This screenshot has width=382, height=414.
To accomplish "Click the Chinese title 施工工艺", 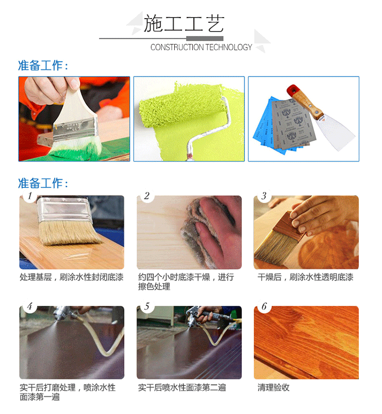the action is coord(184,23).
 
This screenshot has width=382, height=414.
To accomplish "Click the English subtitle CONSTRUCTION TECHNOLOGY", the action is coord(201,47).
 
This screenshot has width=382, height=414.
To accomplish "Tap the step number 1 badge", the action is coord(29,196).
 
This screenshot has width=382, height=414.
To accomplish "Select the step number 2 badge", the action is coord(147,196).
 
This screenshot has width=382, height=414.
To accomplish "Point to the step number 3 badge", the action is coord(264,196).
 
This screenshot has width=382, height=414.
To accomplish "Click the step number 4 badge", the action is coord(29,306).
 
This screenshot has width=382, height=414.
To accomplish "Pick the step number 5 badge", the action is coord(147,306).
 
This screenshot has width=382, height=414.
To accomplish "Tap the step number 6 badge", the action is coord(264,306).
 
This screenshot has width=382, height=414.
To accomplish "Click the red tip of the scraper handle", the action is coord(292,90).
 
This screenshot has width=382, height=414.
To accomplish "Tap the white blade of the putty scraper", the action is coord(335,132).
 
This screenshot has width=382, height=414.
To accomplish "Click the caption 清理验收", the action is coord(273,388).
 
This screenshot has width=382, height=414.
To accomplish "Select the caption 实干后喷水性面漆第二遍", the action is coord(182,388).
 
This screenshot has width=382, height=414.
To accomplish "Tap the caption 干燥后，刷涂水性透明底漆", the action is coord(305,277).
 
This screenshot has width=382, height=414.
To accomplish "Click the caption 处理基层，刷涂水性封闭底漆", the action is coord(71,277).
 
